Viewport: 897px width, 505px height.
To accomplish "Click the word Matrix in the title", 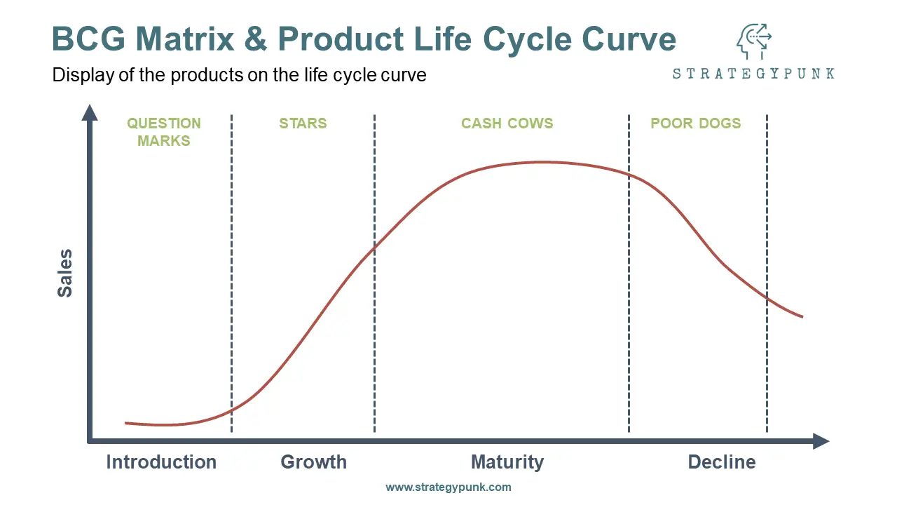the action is [x=185, y=39].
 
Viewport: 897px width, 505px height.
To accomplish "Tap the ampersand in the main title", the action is [x=256, y=39].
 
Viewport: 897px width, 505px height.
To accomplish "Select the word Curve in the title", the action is [x=629, y=39].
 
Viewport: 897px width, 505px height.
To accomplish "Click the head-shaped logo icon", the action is [x=754, y=41].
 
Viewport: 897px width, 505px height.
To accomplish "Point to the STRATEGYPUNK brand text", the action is [x=753, y=74].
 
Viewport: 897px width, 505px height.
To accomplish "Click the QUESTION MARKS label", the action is [x=164, y=132].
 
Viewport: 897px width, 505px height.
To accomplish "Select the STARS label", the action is [x=303, y=123].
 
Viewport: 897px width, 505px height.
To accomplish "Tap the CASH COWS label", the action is [x=507, y=123].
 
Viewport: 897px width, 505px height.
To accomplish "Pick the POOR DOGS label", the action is [x=696, y=123].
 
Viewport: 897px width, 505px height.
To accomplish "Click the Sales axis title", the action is [x=65, y=274].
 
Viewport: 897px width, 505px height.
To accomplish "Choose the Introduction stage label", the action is [x=161, y=462].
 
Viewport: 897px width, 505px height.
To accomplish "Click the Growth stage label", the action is [x=313, y=462].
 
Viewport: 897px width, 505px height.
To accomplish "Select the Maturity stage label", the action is [x=507, y=462].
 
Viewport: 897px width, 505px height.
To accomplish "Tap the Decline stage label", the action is [x=722, y=462].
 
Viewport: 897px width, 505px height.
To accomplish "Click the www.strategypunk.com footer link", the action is [x=448, y=487].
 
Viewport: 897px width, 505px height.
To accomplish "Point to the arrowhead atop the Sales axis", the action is [x=90, y=113].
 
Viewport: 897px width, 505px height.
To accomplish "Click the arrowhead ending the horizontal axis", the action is [x=821, y=441].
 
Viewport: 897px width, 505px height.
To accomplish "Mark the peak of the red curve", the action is [x=545, y=162].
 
